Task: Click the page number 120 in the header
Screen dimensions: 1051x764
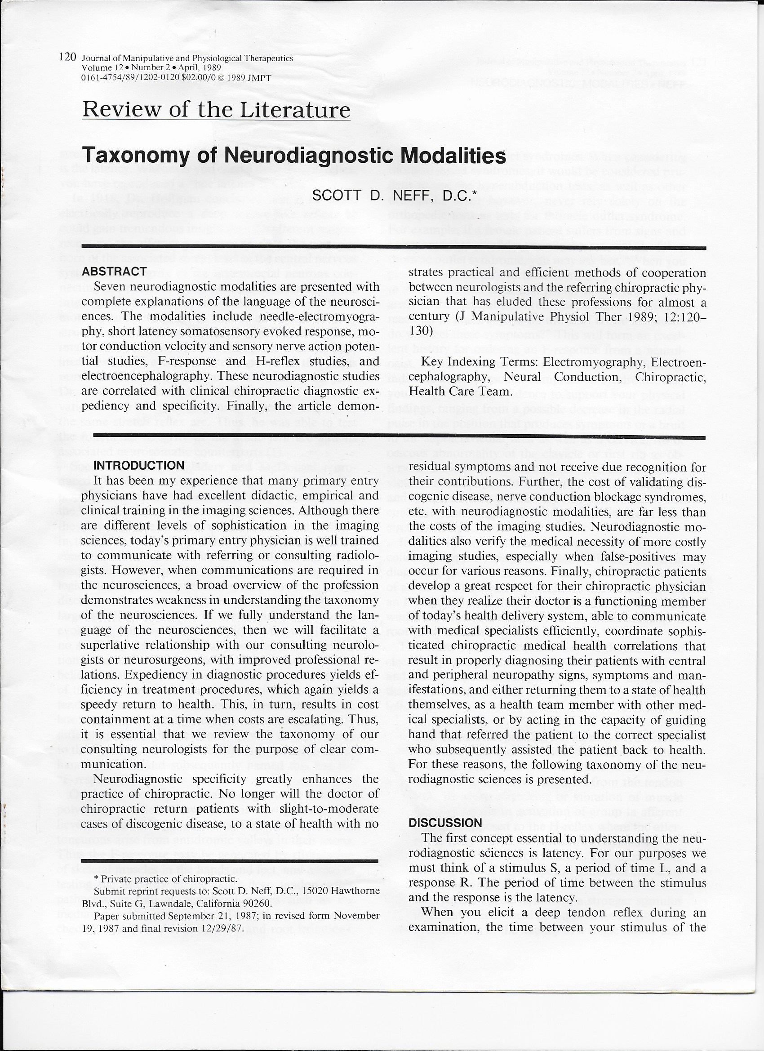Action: [68, 58]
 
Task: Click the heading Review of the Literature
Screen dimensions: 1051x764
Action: [216, 110]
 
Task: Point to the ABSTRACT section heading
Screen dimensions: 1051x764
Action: [114, 272]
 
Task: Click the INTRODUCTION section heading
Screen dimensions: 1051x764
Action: [139, 465]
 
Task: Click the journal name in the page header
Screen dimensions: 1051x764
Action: [187, 59]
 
